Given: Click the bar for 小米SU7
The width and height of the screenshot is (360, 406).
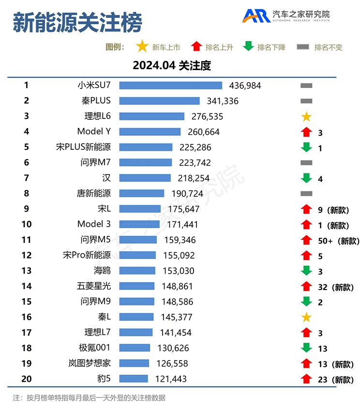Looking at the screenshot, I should coord(170,86).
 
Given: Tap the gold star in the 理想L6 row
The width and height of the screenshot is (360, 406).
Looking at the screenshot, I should coord(306,116).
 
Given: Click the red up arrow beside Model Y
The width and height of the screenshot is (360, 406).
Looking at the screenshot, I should coord(305,132).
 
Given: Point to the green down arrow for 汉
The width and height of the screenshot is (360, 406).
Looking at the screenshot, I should coord(306,178).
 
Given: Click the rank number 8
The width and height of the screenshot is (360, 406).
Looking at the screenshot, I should coord(27,193).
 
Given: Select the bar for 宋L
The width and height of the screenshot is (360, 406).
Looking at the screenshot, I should coord(140,209).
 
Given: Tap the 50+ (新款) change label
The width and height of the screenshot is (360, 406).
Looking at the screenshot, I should coord(338,241).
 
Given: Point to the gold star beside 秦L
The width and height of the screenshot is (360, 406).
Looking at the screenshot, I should coord(306,318).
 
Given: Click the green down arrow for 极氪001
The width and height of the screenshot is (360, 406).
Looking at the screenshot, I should coord(306,348).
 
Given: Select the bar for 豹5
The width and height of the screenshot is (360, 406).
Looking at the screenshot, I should coord(134,379).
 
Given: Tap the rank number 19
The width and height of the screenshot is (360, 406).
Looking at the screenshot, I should coord(27,363).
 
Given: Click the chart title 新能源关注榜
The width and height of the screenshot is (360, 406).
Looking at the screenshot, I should coord(77,22).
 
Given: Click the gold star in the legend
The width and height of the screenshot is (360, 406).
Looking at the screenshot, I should coord(142,47).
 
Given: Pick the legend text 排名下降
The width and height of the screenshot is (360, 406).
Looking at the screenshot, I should coord(271,47).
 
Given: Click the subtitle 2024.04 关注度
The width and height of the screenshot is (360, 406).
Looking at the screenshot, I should coord(172,65).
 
